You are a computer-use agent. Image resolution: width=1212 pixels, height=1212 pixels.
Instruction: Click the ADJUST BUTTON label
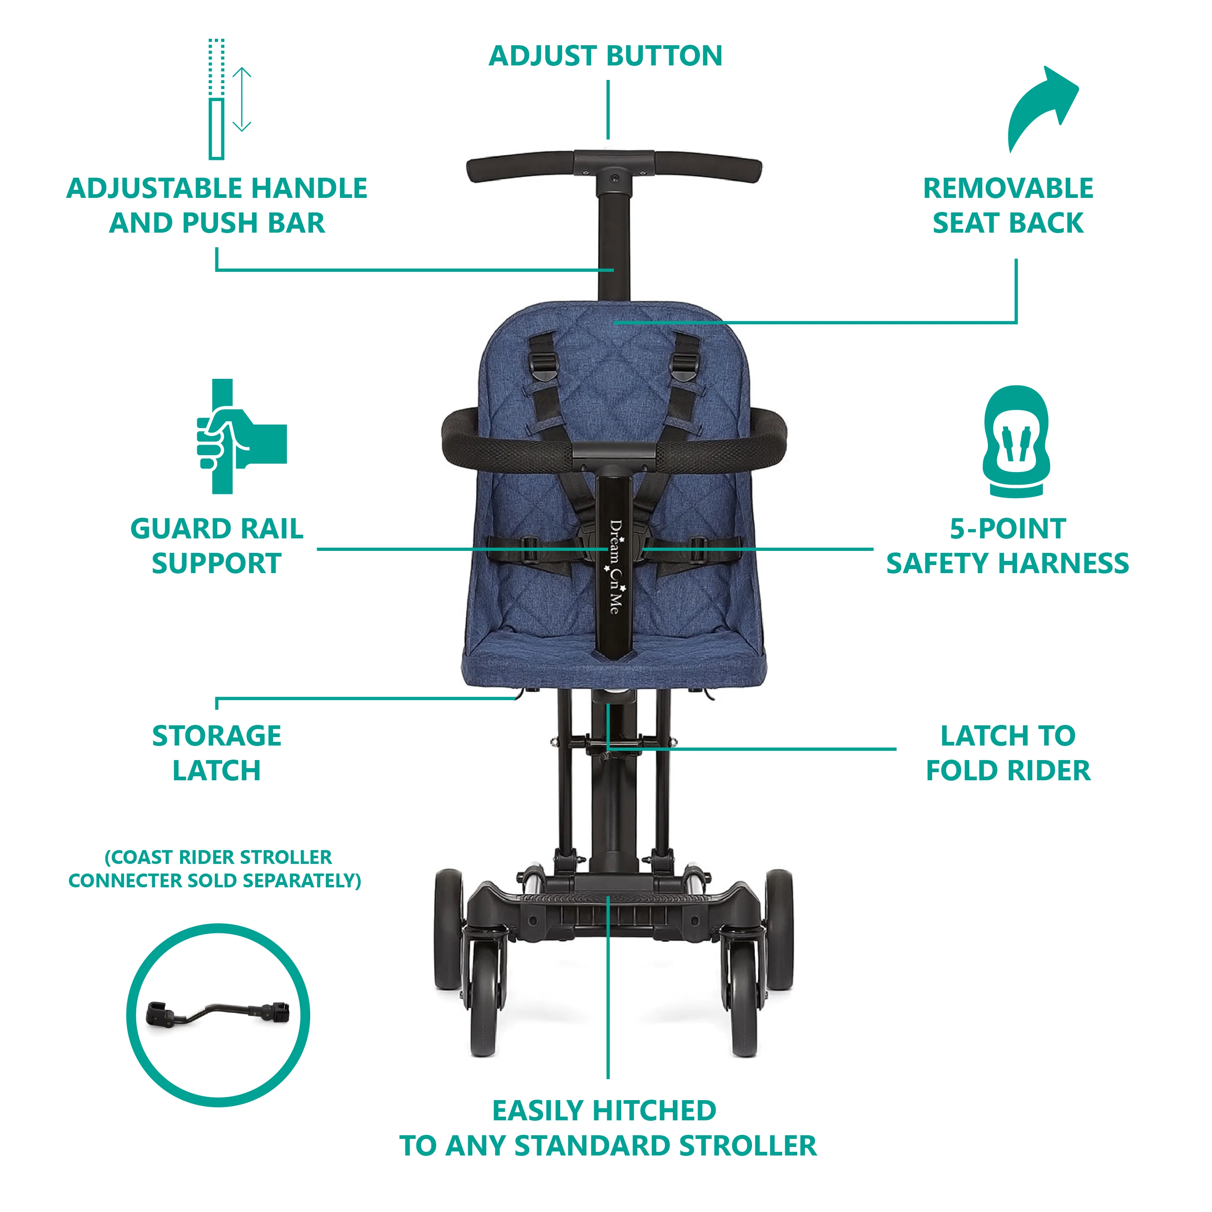pyautogui.click(x=605, y=56)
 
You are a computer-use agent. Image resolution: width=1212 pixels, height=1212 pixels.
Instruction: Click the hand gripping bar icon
pyautogui.click(x=242, y=436)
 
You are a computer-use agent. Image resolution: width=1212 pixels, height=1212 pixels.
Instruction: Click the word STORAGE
pyautogui.click(x=216, y=736)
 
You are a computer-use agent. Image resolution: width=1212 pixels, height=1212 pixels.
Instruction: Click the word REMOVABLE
pyautogui.click(x=1008, y=188)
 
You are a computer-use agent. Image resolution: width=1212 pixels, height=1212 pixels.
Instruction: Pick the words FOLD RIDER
pyautogui.click(x=1008, y=770)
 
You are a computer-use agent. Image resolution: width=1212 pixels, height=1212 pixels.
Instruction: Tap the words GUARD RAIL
pyautogui.click(x=216, y=529)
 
